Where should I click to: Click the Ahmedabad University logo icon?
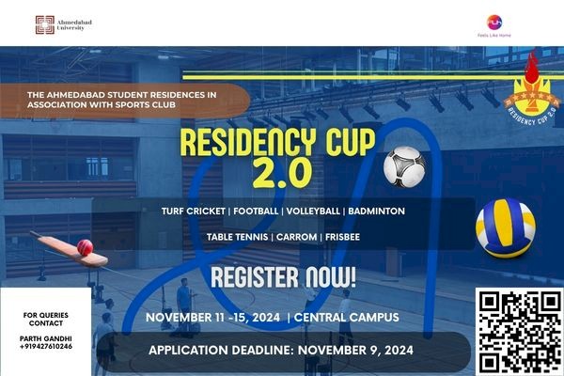click(x=44, y=24)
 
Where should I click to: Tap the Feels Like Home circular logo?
click(x=494, y=22)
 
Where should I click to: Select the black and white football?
click(x=403, y=165)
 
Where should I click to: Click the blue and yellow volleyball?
click(x=505, y=227)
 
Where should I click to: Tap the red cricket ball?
click(x=85, y=247)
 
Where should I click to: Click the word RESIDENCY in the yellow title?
click(x=251, y=143)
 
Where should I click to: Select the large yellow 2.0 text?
click(x=279, y=174)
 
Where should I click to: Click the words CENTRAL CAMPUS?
click(x=347, y=318)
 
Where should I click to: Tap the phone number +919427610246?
click(x=47, y=347)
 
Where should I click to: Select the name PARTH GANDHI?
click(x=46, y=337)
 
